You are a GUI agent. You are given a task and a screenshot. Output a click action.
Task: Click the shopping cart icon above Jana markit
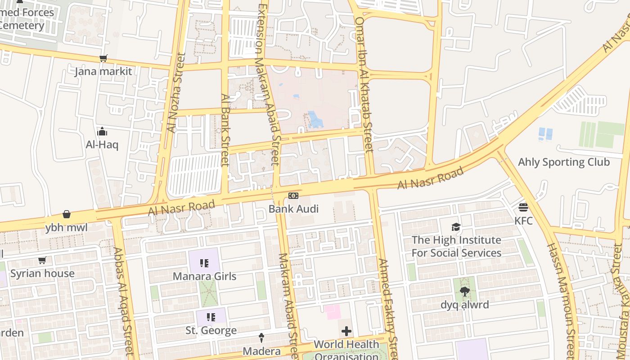click(103, 58)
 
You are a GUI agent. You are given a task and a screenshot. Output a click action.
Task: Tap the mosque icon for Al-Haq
click(102, 131)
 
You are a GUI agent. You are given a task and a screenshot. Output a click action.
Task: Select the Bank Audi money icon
click(293, 196)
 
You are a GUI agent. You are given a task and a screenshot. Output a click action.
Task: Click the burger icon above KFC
click(523, 207)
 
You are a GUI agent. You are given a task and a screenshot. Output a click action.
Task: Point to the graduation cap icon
click(456, 227)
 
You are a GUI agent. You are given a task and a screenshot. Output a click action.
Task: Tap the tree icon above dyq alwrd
click(464, 292)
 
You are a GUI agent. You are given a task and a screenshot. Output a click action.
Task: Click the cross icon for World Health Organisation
click(346, 332)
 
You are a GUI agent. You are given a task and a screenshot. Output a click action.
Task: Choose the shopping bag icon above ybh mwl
click(67, 214)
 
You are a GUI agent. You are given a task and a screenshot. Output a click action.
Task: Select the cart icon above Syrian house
click(42, 260)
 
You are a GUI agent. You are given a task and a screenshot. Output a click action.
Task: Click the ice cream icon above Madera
click(261, 337)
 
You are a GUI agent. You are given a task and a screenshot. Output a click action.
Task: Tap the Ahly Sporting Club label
click(564, 162)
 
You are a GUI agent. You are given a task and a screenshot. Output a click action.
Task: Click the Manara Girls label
click(205, 276)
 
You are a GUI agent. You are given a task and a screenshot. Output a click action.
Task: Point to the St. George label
click(211, 331)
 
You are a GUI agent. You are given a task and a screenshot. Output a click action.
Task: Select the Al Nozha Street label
click(176, 93)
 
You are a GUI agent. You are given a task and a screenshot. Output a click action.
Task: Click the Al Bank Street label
click(225, 130)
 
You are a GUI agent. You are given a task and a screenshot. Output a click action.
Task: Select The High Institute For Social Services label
click(456, 247)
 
